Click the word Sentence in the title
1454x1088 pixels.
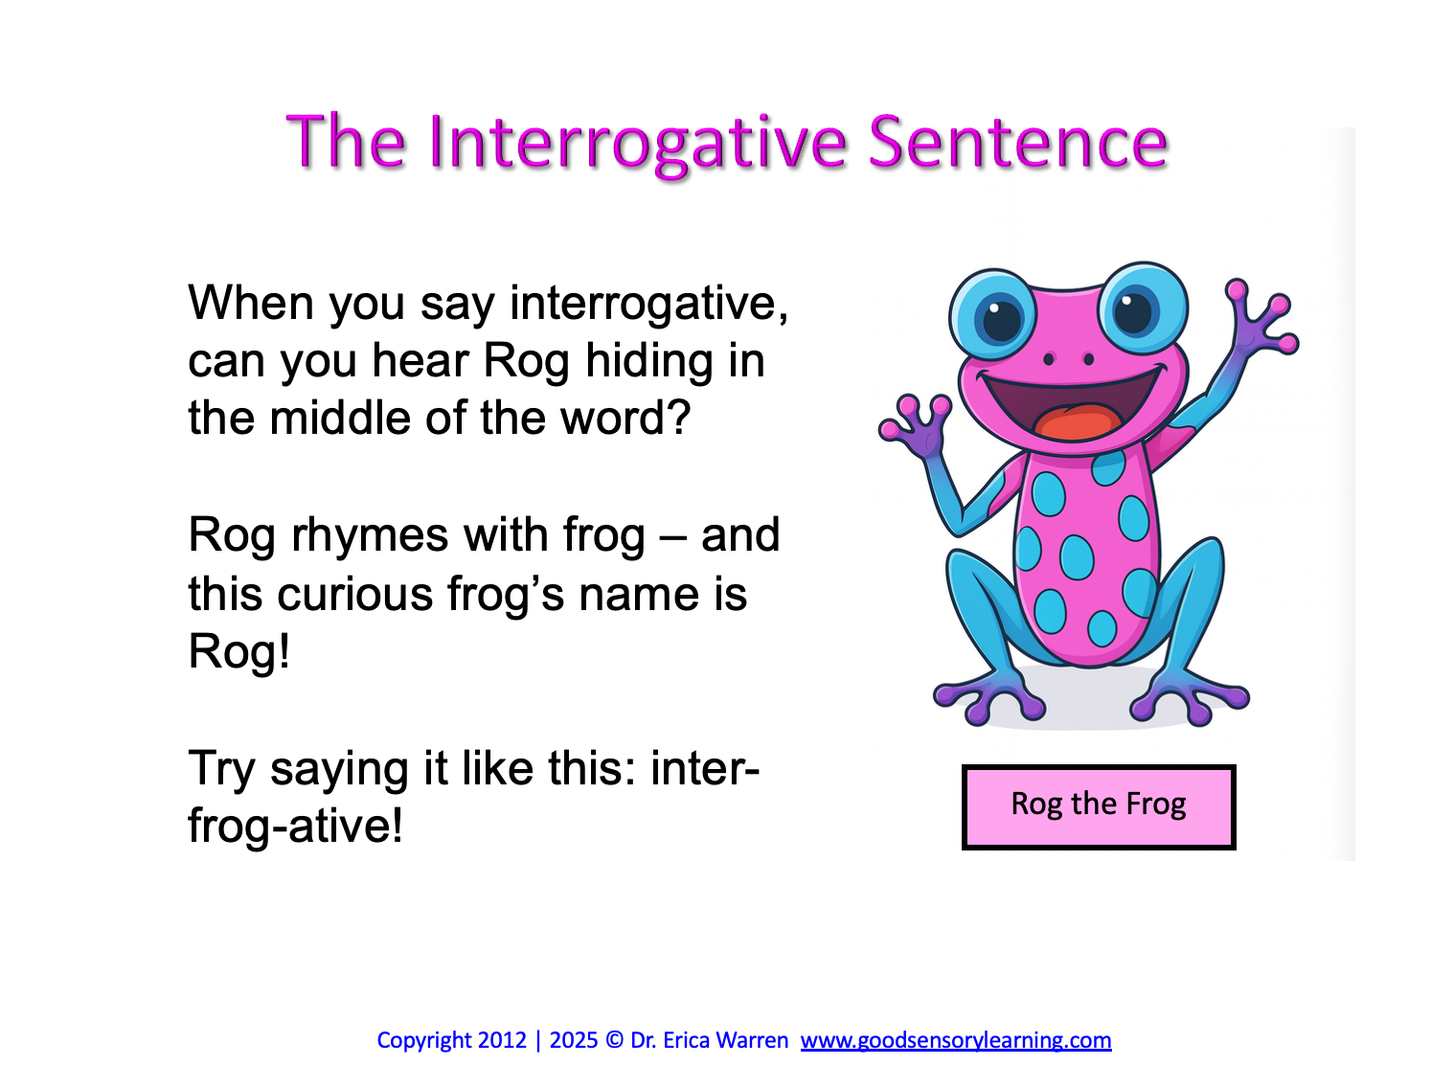tap(1018, 142)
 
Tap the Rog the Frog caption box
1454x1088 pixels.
tap(1098, 805)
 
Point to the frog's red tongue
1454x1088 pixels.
tap(1072, 422)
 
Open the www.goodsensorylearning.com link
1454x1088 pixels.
tap(955, 1040)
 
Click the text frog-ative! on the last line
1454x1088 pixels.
tap(295, 826)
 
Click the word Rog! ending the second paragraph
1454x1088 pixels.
tap(239, 652)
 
